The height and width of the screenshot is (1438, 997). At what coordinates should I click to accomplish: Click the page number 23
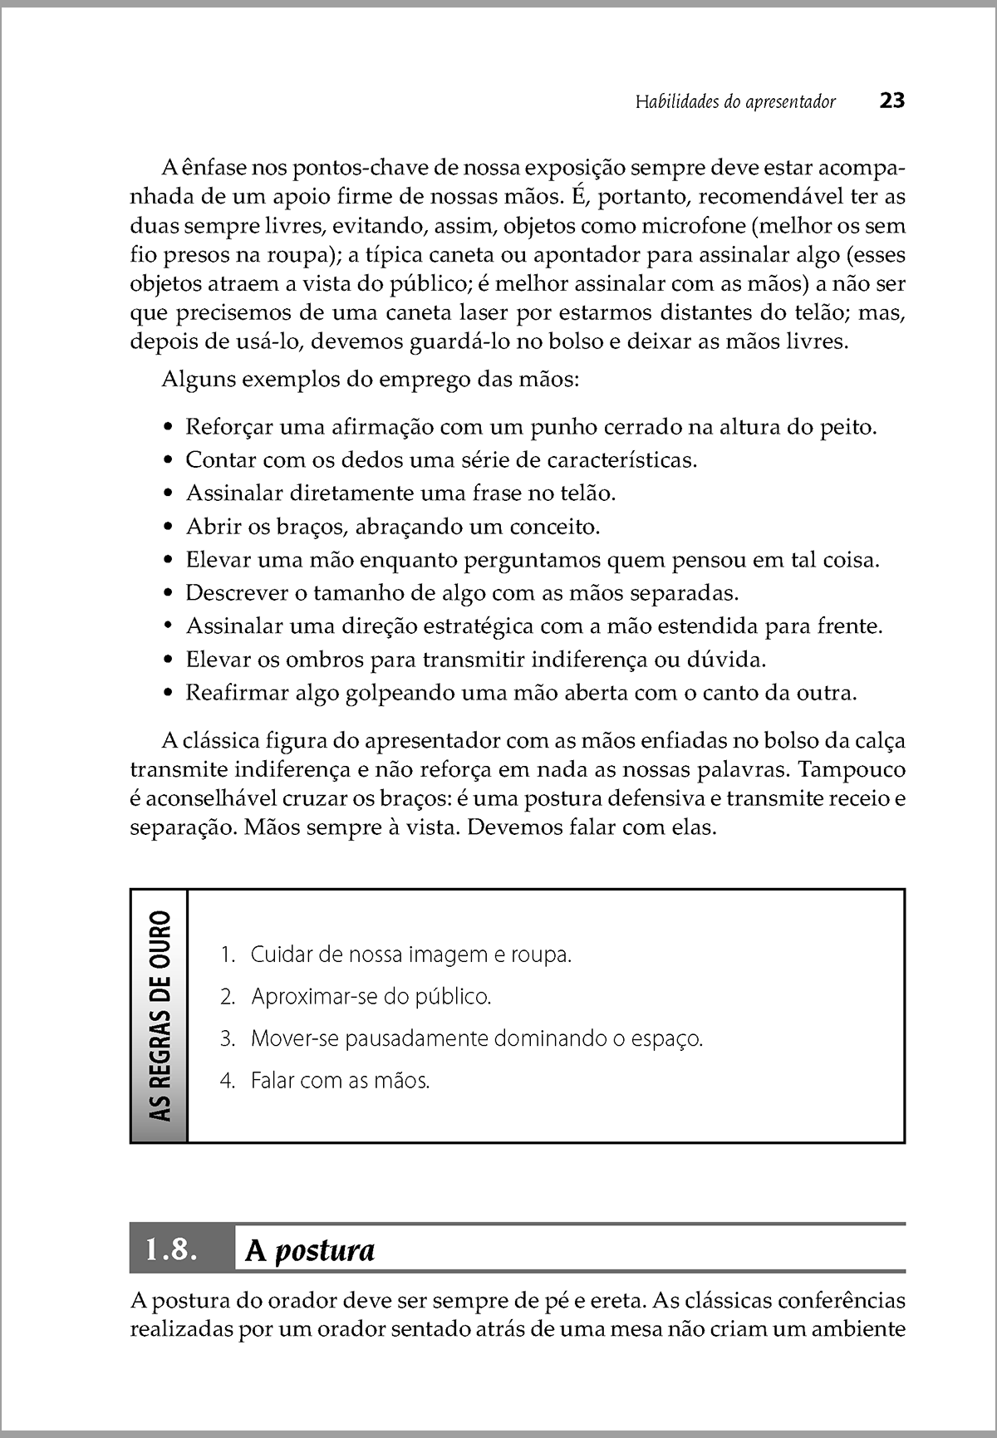(x=891, y=101)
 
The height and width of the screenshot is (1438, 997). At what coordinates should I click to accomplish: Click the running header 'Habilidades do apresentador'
(x=735, y=102)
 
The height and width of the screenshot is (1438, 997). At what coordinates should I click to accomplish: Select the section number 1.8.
(x=172, y=1249)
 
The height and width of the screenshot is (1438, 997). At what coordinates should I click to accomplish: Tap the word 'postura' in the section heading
(x=324, y=1250)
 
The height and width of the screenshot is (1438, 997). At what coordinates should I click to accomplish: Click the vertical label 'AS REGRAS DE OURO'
(x=160, y=1015)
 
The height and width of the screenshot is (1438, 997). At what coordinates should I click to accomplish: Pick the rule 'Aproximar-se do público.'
(x=371, y=996)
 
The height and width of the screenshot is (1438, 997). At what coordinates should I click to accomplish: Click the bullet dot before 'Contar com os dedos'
(x=169, y=460)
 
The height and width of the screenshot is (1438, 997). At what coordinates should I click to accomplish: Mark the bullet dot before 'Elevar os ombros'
(x=169, y=660)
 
